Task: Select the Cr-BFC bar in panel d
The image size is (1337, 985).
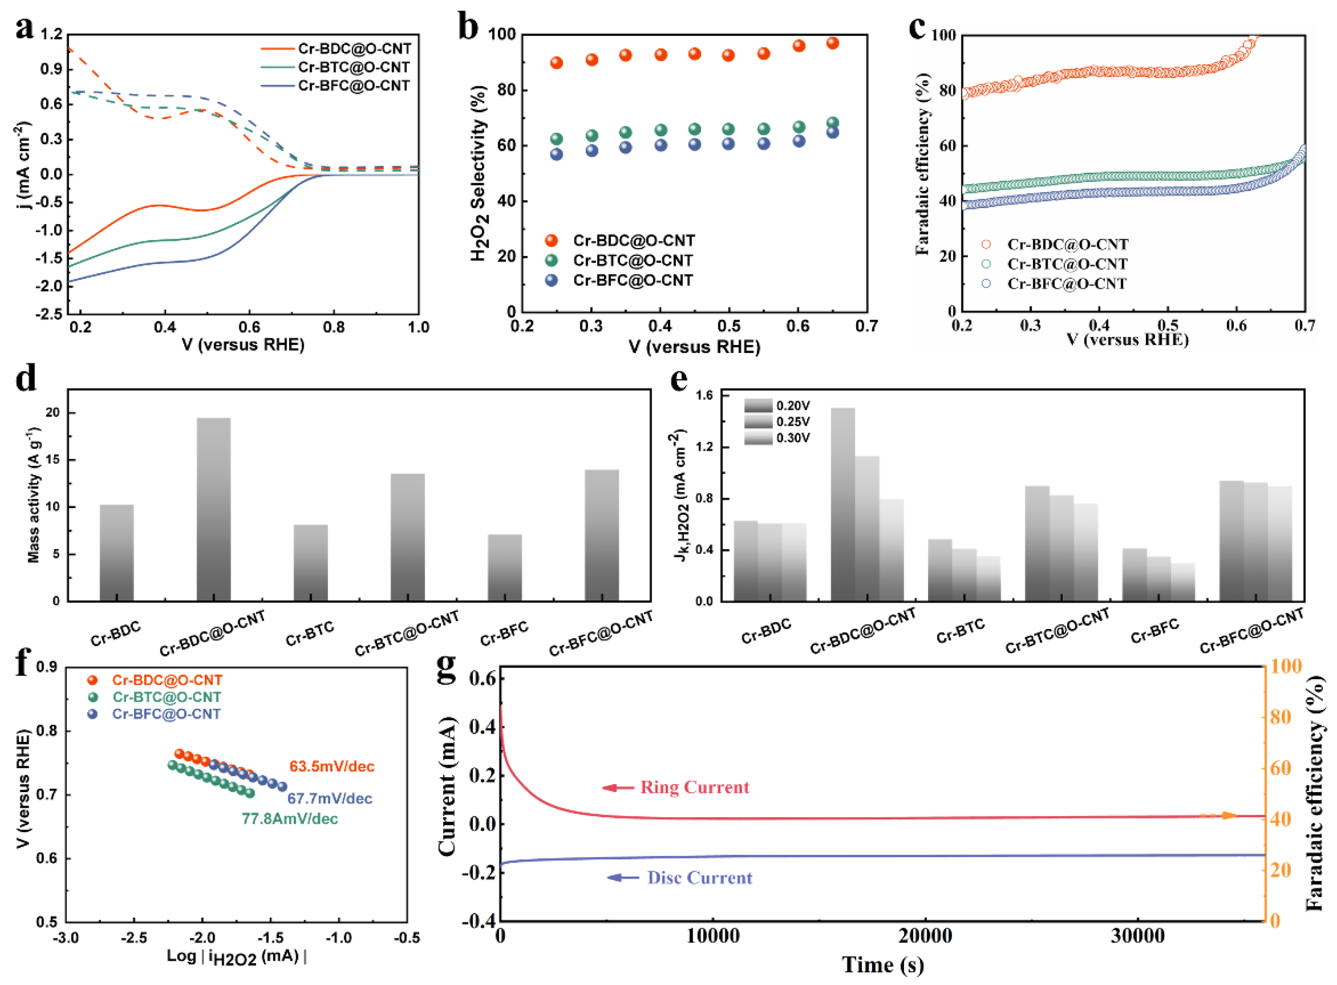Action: click(504, 568)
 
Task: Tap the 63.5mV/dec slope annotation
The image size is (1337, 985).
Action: click(332, 766)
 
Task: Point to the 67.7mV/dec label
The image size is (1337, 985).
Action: click(330, 798)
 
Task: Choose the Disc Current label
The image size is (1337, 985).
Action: click(700, 878)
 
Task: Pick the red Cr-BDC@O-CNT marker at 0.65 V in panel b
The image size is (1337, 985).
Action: click(833, 43)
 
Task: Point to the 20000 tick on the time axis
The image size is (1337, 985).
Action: click(925, 937)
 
